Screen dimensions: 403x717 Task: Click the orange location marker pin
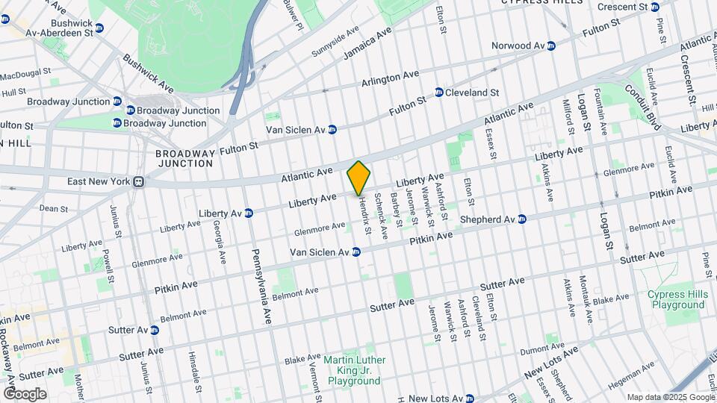pyautogui.click(x=359, y=178)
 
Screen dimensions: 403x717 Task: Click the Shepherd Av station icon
pyautogui.click(x=522, y=219)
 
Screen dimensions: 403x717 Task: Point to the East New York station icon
pyautogui.click(x=138, y=181)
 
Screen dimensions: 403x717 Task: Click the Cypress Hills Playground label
pyautogui.click(x=677, y=299)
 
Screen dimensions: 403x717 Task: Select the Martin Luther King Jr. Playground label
pyautogui.click(x=354, y=370)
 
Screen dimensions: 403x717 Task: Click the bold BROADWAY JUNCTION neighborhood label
pyautogui.click(x=185, y=157)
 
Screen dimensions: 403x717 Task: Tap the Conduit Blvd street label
pyautogui.click(x=645, y=108)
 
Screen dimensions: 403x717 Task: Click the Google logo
pyautogui.click(x=24, y=393)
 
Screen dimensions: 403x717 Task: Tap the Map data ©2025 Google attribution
pyautogui.click(x=670, y=397)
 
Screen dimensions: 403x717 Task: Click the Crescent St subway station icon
pyautogui.click(x=655, y=7)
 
